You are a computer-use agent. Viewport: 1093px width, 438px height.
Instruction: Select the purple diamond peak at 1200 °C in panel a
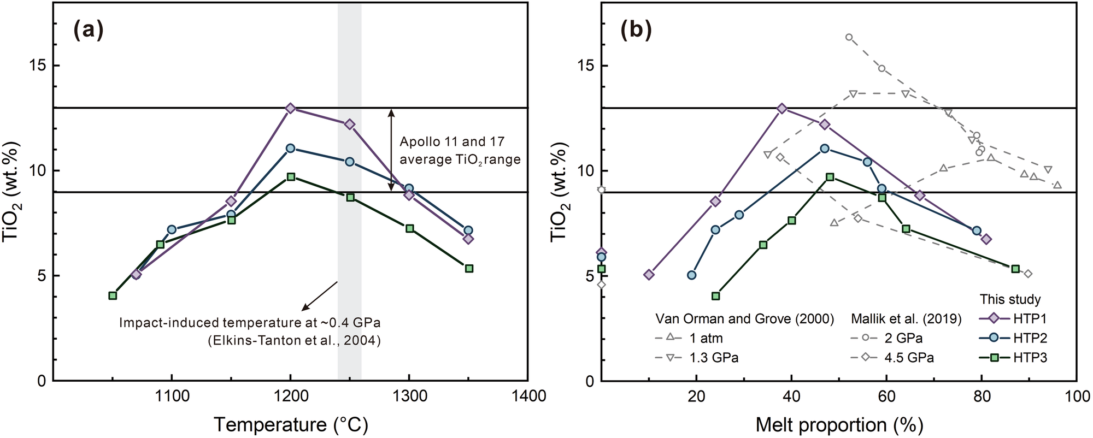coord(291,108)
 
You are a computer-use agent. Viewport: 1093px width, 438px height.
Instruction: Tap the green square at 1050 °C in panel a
coord(113,295)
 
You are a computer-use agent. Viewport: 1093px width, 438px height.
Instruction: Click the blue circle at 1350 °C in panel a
coord(468,230)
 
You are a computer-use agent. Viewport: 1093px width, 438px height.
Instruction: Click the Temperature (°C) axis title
coord(290,424)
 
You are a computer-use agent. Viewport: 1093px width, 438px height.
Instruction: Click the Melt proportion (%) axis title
coord(839,424)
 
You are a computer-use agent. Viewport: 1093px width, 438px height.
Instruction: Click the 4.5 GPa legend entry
coord(909,358)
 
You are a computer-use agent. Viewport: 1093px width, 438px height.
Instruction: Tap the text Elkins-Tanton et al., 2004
coord(294,341)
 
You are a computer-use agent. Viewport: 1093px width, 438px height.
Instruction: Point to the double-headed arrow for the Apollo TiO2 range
coord(391,150)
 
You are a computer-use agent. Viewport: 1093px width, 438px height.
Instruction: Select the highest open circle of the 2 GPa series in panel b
coord(849,37)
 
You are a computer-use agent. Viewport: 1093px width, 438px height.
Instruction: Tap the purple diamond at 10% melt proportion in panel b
coord(649,275)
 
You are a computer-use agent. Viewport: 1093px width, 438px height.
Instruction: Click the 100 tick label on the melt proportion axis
coord(1077,396)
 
